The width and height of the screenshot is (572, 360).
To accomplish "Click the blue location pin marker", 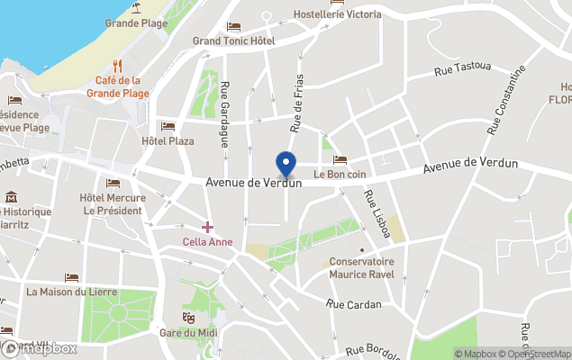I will click(x=286, y=165).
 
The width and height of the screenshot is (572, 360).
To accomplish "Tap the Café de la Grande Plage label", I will click(x=123, y=86).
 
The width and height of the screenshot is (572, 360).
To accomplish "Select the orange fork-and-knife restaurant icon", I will click(x=118, y=65).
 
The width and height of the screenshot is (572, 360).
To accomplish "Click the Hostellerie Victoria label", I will click(x=338, y=14).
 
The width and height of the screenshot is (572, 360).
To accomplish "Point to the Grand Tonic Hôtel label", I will click(x=233, y=40).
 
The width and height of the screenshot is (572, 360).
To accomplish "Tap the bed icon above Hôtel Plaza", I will click(x=167, y=126).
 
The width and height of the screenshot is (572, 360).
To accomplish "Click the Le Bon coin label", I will click(x=340, y=174).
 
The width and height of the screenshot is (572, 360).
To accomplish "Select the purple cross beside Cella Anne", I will click(x=208, y=227).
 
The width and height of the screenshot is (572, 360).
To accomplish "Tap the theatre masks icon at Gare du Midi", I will click(x=189, y=318).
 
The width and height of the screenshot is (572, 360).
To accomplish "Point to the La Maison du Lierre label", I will click(x=71, y=292).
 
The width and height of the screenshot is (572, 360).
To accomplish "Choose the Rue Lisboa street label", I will click(x=377, y=214).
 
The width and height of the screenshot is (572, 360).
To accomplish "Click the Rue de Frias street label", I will click(x=295, y=100).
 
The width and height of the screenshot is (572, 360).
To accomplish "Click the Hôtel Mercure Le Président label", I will click(x=111, y=203).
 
